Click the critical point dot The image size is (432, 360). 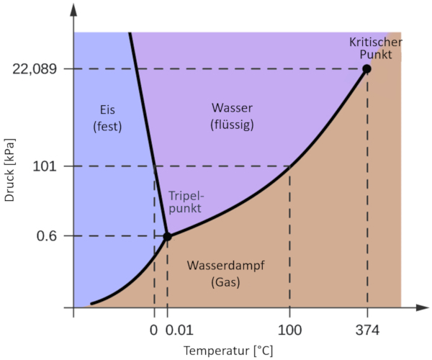pos(366,69)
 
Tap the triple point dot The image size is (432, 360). pos(167,236)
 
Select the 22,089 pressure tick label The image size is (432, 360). pos(35,69)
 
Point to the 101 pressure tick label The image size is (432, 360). pos(47,166)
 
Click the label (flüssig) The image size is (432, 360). pos(233,125)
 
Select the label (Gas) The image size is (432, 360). pos(225,283)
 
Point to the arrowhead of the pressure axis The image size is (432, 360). pos(74,9)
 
